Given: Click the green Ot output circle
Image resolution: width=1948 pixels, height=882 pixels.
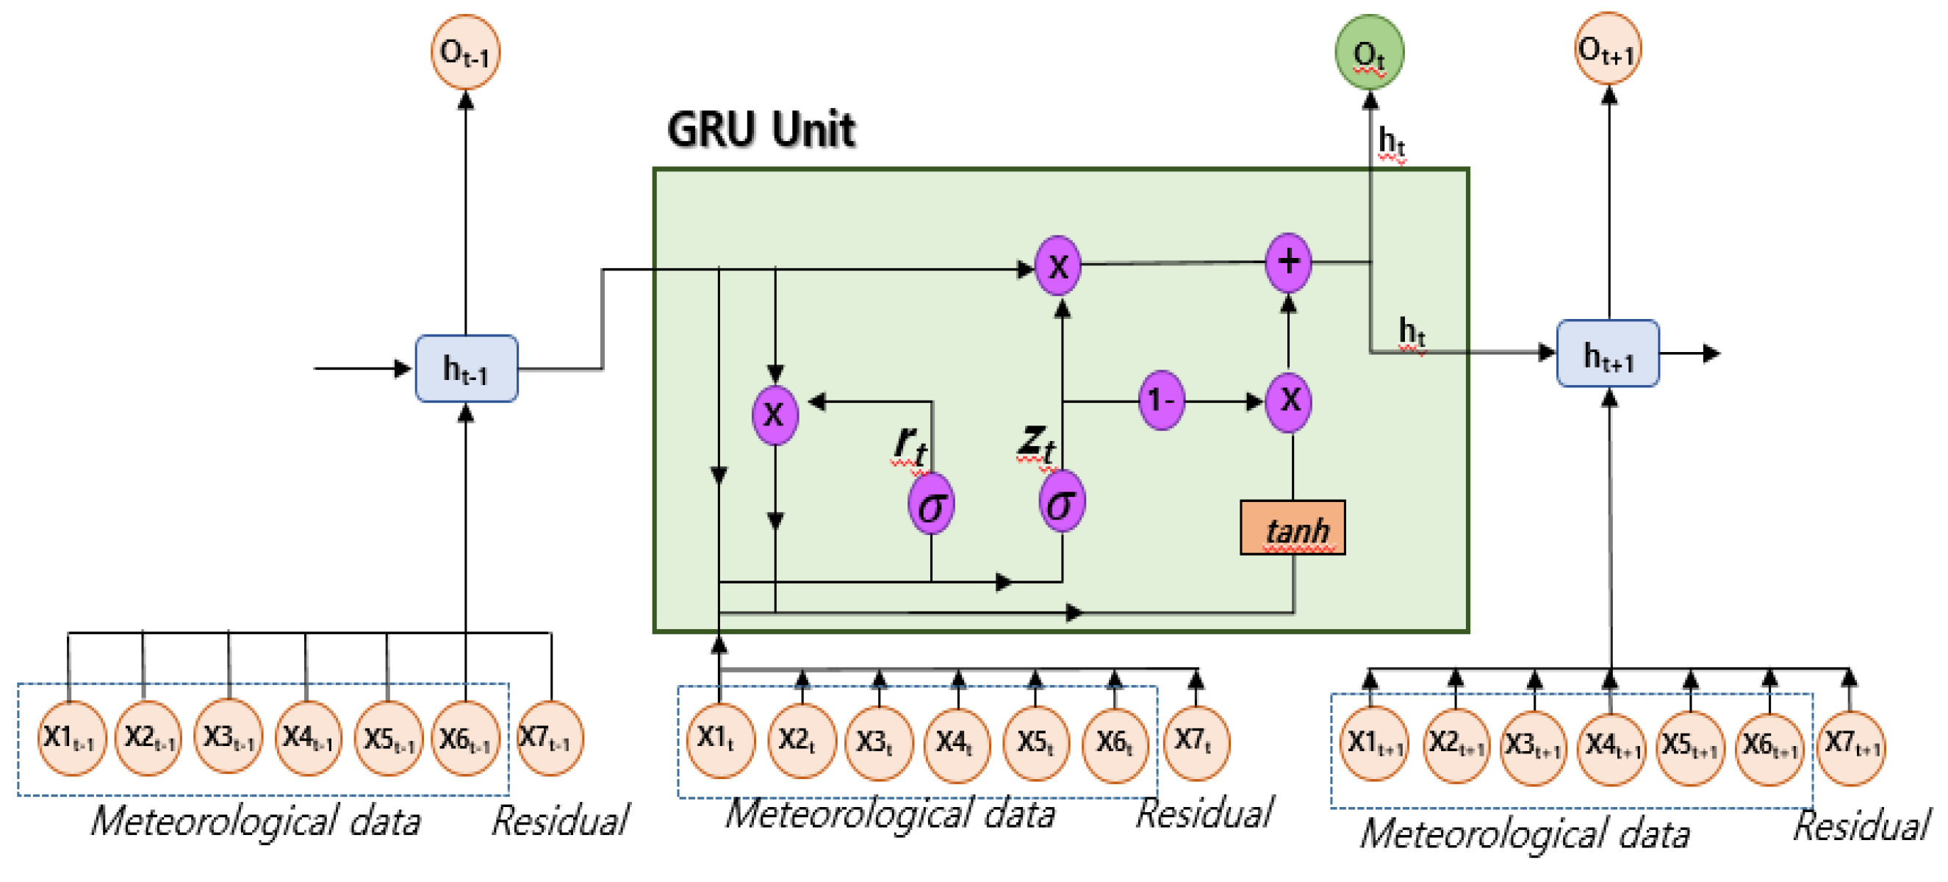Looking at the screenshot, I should coord(1369,52).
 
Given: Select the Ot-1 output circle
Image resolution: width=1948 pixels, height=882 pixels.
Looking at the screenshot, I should coord(465,52).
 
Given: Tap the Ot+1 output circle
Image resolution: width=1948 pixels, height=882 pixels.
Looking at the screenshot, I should coord(1607,49).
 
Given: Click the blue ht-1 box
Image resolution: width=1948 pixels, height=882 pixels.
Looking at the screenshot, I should coord(467,368).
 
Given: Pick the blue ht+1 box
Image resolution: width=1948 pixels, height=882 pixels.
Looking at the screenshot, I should coord(1608,354).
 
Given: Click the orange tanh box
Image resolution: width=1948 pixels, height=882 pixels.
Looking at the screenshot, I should coord(1293,528).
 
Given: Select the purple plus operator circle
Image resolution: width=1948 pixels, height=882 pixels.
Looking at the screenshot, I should coord(1288,262).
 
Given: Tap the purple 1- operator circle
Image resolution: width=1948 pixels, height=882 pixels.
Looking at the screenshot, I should coord(1161,400).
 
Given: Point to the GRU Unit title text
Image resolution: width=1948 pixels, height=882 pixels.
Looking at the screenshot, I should coord(761,129).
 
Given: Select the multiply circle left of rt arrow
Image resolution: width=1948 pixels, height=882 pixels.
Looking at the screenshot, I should coord(774,415).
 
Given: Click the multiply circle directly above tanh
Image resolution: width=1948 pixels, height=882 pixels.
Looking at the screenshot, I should coord(1289,401).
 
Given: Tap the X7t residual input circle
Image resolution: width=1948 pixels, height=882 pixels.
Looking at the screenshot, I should coord(1196,742).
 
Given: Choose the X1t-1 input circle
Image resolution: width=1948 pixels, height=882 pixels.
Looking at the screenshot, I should coord(71,737).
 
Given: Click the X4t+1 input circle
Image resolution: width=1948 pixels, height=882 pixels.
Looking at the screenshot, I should coord(1611,746).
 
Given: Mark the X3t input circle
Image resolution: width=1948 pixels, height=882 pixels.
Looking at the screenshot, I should coord(877,743).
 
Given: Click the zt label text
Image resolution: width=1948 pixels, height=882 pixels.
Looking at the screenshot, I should coord(1035,441).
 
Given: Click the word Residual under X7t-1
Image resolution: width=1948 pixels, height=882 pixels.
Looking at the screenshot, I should coord(559,821).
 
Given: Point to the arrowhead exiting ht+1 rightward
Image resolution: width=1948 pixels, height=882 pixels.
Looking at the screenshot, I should coord(1711,354).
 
